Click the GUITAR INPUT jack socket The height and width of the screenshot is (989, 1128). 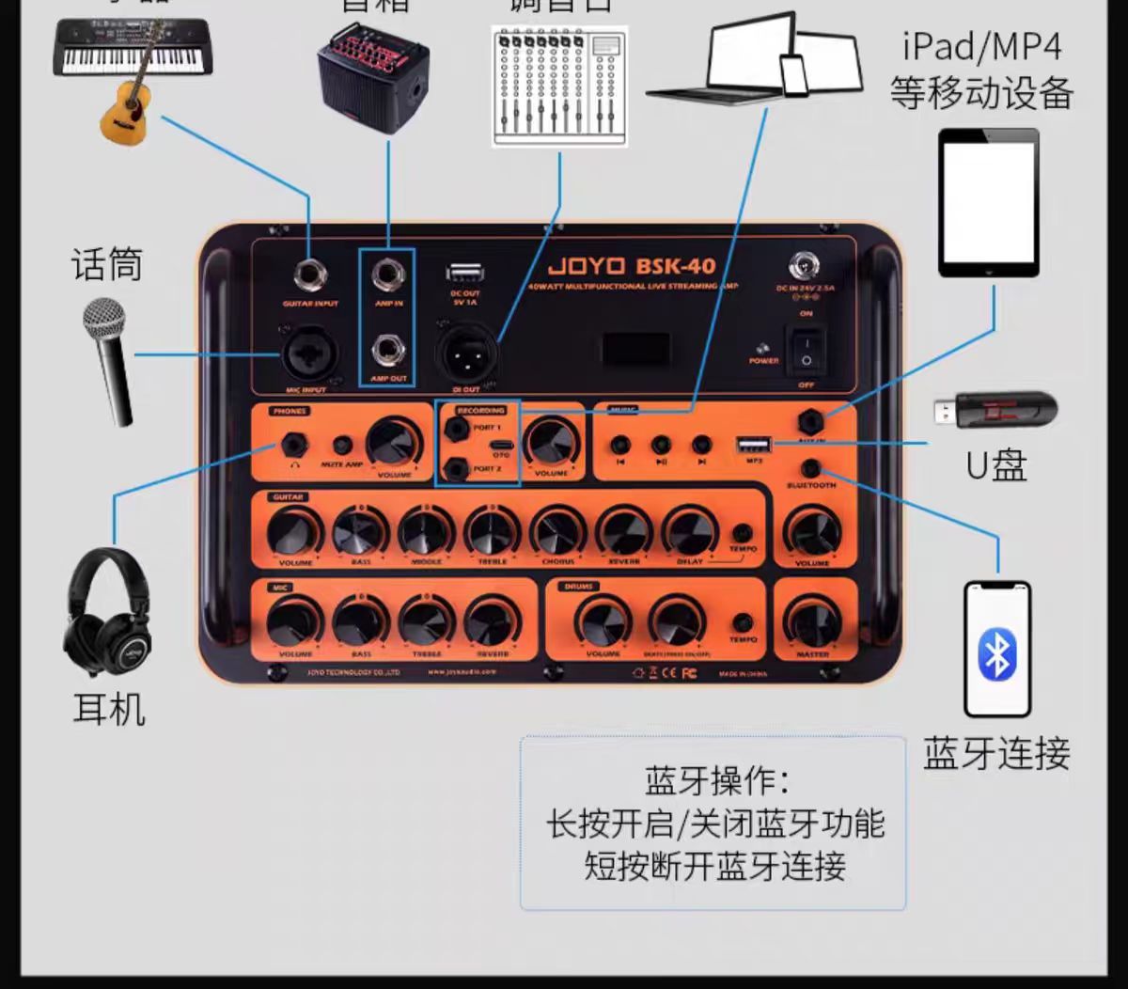(x=310, y=277)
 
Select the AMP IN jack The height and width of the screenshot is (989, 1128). (x=386, y=275)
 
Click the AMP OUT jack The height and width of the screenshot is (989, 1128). (x=386, y=352)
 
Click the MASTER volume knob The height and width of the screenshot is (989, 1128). (x=812, y=621)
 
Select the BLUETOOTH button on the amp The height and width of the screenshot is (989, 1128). (x=810, y=468)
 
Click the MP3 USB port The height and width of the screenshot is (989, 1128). (x=754, y=444)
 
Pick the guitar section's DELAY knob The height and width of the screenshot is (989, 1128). (x=689, y=531)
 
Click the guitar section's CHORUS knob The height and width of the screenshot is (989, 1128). (x=557, y=531)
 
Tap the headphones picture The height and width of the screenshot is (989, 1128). (x=108, y=612)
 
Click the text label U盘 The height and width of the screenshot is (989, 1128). (x=996, y=465)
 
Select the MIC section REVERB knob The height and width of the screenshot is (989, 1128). (x=492, y=621)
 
